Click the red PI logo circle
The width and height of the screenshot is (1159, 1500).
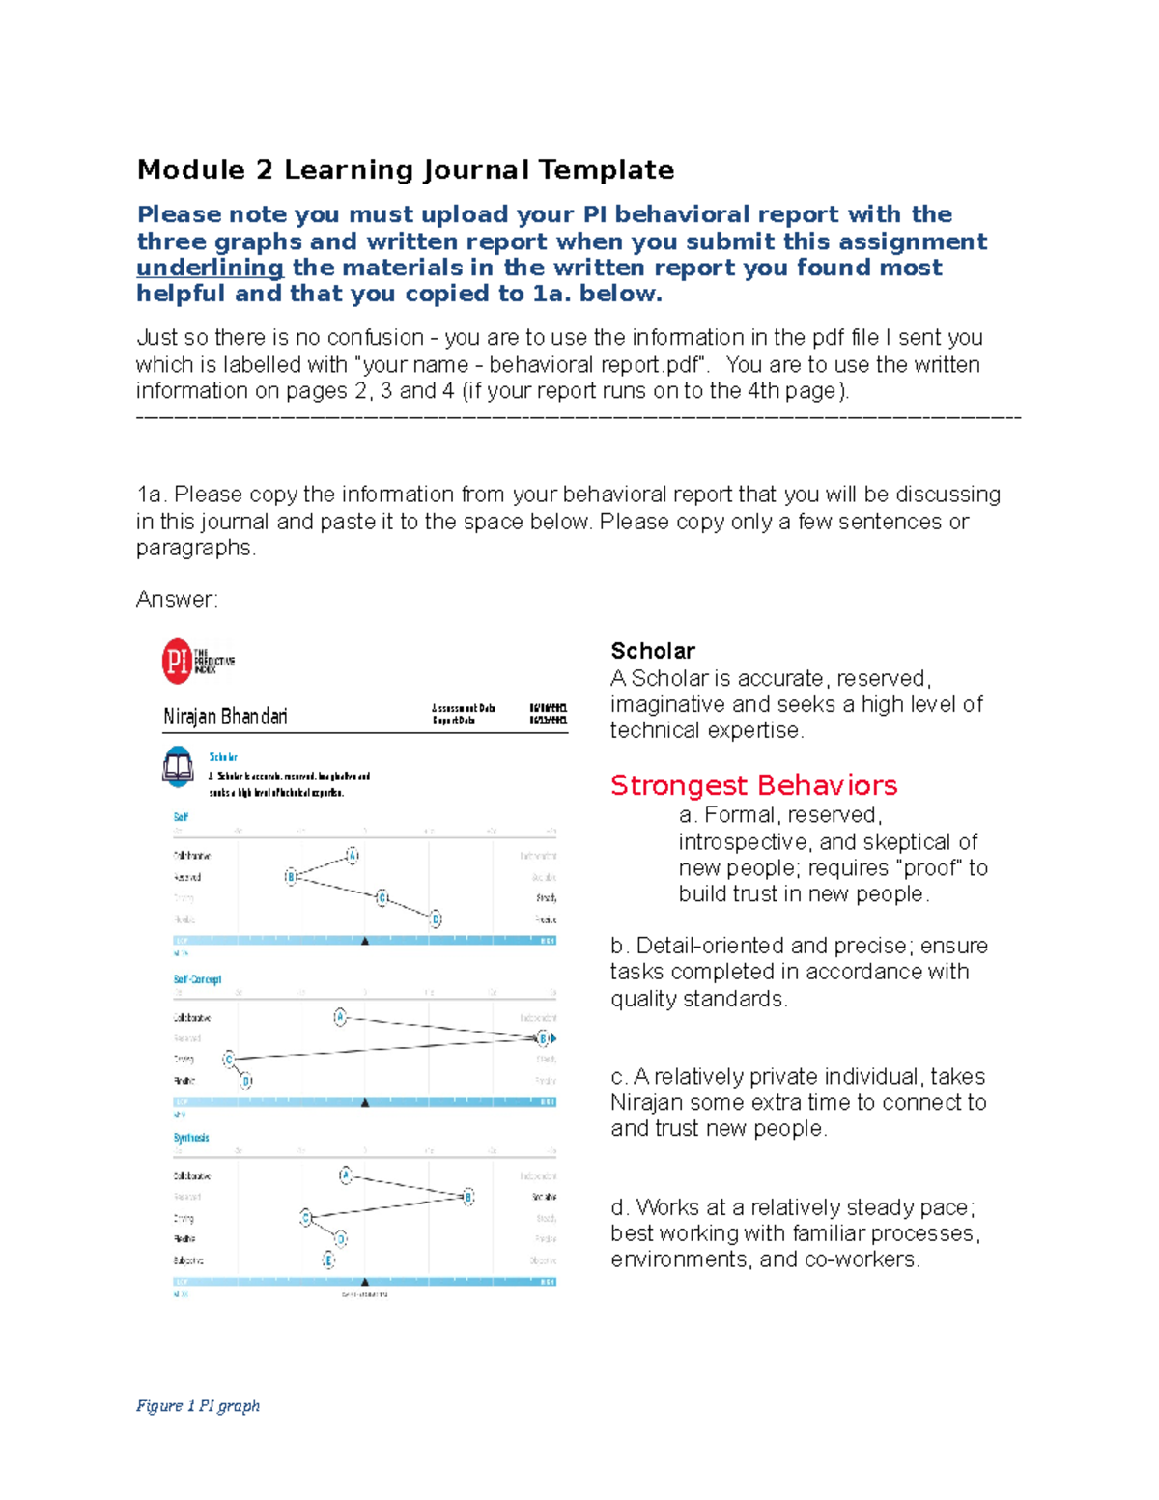tap(176, 662)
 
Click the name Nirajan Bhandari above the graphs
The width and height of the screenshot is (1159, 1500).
tap(225, 717)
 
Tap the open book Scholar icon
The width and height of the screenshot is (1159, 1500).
tap(178, 767)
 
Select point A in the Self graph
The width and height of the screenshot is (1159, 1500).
tap(353, 856)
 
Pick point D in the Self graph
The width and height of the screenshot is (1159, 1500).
tap(436, 919)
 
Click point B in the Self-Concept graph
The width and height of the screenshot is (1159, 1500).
tap(543, 1038)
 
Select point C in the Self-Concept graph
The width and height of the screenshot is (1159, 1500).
tap(229, 1060)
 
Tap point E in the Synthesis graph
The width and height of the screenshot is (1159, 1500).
tap(328, 1259)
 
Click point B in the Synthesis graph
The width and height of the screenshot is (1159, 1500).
tap(468, 1197)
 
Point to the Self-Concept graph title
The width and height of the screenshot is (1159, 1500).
tap(197, 979)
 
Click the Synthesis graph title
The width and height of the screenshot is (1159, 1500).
tap(191, 1138)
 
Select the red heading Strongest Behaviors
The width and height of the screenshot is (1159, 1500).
tap(753, 785)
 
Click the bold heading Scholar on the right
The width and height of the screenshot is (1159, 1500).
tap(653, 651)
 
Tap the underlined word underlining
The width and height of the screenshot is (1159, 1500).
tap(210, 268)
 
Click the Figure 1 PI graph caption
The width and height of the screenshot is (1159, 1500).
tap(198, 1405)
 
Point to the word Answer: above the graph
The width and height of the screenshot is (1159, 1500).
tap(177, 600)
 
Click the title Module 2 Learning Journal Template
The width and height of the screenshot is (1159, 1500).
tap(406, 170)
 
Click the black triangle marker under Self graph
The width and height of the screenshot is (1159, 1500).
tap(365, 940)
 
